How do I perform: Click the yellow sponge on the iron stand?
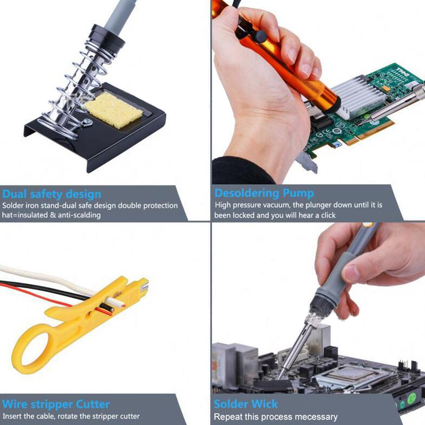point(113,110)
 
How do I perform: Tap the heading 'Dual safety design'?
point(52,194)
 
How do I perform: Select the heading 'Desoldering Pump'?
point(264,193)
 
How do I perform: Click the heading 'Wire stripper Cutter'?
point(56,404)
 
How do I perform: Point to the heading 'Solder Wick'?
point(245,404)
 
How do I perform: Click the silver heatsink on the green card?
point(358,97)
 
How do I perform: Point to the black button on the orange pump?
point(260,36)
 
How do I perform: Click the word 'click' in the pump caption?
point(328,215)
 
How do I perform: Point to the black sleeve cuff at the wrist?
point(239,170)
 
